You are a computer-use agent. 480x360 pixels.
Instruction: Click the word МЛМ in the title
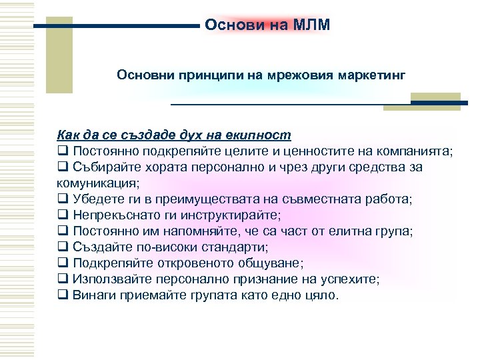click(311, 25)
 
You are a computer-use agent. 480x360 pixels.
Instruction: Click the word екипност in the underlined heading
click(259, 135)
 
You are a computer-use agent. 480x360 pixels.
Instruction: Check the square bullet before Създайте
click(63, 247)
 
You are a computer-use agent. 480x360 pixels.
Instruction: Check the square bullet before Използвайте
click(63, 279)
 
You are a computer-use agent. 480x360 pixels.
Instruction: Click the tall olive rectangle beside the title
click(59, 55)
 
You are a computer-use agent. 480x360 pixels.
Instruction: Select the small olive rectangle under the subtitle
click(435, 101)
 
